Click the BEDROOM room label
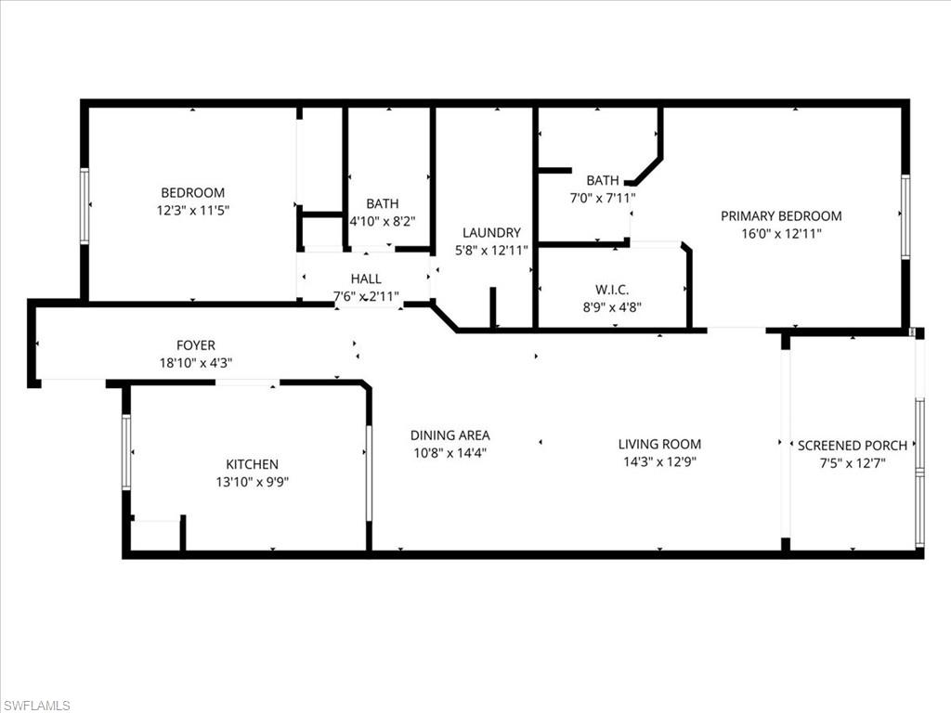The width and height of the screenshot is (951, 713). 192,193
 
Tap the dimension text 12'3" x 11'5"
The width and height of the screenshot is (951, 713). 192,211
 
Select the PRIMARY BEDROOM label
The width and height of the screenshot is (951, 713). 781,216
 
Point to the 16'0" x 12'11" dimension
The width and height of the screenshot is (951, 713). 781,234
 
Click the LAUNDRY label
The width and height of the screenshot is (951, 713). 491,233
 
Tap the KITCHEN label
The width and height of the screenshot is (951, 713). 252,464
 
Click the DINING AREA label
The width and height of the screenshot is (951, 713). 449,435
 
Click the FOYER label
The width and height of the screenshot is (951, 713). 196,346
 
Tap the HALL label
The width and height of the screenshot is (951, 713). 365,279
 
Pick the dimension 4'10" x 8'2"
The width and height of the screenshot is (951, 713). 382,222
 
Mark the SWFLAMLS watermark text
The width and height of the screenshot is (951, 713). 36,706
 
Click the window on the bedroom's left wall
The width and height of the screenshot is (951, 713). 85,205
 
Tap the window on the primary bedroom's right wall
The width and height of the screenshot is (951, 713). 905,217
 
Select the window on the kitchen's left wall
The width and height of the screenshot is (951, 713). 126,452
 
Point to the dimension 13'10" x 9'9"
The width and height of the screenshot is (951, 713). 252,482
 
